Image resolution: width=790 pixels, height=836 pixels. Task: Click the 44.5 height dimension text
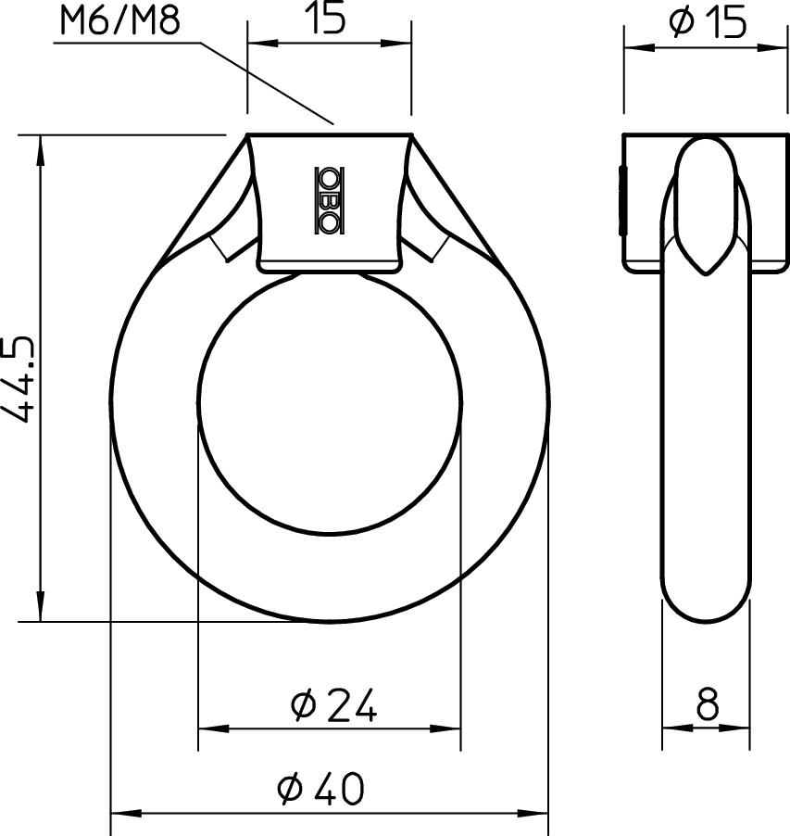(x=21, y=379)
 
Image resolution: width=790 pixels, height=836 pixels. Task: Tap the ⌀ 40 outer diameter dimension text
(x=321, y=789)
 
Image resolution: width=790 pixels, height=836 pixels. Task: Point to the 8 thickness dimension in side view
(x=706, y=706)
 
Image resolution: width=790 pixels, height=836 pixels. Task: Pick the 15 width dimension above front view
(x=328, y=19)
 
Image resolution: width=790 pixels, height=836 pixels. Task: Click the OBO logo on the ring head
(x=329, y=199)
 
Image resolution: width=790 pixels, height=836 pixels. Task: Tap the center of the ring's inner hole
(x=330, y=404)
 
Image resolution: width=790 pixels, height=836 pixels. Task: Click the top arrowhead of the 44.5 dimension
(x=40, y=144)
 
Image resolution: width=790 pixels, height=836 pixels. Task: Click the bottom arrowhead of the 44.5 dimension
(x=40, y=612)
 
